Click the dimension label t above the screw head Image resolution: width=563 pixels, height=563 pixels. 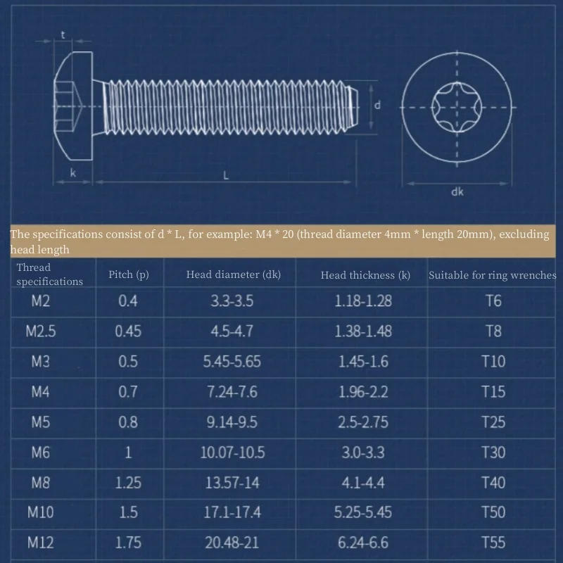click(x=63, y=34)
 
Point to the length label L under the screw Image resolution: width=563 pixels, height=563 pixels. click(x=226, y=177)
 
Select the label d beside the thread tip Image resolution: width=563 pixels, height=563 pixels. click(x=378, y=106)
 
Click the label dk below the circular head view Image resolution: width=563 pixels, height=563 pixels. click(x=457, y=191)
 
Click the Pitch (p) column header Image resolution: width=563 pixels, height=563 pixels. click(x=128, y=274)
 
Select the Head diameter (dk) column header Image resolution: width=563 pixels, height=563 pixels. click(x=233, y=274)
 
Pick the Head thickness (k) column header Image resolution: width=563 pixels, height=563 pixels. click(x=365, y=275)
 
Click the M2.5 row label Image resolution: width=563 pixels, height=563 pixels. click(x=41, y=331)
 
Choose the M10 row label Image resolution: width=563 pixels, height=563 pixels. click(x=41, y=512)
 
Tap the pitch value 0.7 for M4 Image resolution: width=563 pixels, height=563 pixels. click(x=128, y=391)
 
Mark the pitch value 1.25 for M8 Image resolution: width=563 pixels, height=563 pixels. click(x=128, y=482)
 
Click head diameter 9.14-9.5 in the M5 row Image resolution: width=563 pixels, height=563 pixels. click(x=232, y=422)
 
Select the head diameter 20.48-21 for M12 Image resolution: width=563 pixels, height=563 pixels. click(x=232, y=542)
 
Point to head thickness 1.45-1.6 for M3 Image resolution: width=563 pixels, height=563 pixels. click(x=363, y=361)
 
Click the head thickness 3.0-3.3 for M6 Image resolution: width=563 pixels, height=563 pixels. click(x=363, y=452)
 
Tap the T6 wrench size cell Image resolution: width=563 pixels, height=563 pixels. click(x=493, y=301)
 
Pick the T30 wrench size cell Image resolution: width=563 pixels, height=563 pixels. click(x=493, y=452)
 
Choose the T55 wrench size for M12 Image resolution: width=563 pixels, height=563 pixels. click(x=493, y=542)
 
